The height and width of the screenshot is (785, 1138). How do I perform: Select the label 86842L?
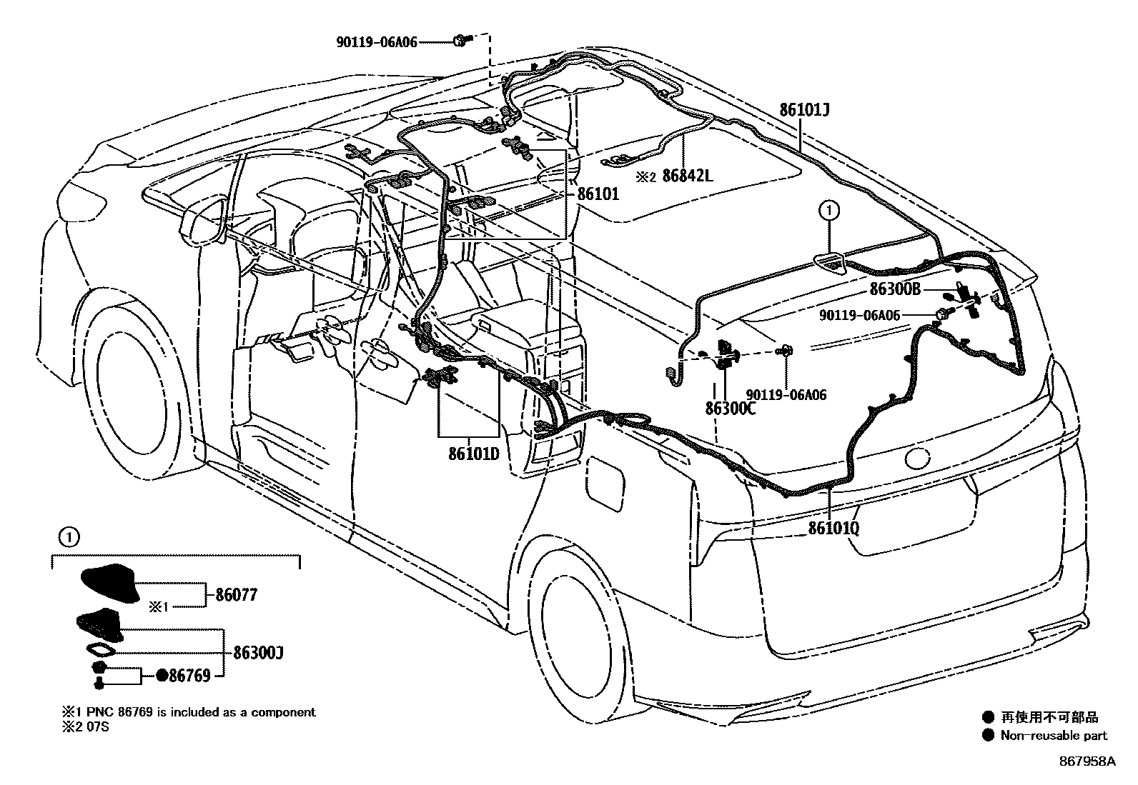tap(688, 175)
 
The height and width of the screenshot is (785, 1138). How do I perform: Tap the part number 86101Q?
tap(833, 528)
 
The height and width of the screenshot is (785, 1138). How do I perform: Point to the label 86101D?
tap(474, 454)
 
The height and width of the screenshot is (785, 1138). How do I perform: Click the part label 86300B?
tap(895, 289)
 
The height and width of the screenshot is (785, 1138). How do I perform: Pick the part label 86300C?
tap(730, 409)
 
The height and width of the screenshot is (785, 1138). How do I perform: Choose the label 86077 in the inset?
tap(234, 594)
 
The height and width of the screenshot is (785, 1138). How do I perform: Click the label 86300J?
tap(259, 652)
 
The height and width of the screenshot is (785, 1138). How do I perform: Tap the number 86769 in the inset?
tap(189, 675)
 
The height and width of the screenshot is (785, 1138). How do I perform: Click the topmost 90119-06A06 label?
tap(377, 42)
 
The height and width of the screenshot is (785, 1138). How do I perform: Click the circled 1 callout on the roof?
tap(829, 210)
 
